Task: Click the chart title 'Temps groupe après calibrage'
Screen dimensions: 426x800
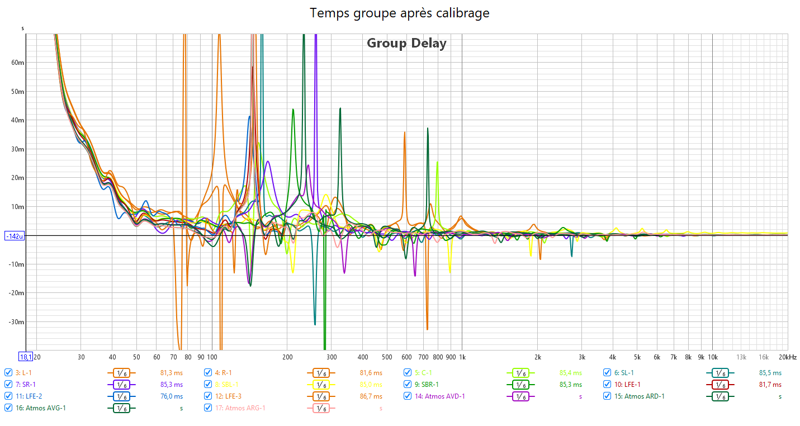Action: (x=400, y=13)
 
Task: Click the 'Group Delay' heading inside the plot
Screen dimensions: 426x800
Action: (x=406, y=43)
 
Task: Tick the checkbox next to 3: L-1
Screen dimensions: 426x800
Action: (x=8, y=372)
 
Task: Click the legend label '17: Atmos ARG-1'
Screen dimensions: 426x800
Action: (x=240, y=408)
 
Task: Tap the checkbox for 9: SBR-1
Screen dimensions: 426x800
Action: (x=408, y=384)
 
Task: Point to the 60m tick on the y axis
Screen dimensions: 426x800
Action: (x=18, y=63)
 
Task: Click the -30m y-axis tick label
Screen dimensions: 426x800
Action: (x=17, y=322)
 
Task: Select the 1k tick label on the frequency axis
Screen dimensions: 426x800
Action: (x=462, y=357)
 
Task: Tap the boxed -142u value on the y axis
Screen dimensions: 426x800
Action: (x=15, y=236)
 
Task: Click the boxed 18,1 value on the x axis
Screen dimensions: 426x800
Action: (x=26, y=357)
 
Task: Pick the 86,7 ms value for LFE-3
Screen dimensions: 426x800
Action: (x=371, y=396)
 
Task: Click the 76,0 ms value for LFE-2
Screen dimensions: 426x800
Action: (x=172, y=396)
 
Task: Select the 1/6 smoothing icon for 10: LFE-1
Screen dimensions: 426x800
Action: (x=720, y=384)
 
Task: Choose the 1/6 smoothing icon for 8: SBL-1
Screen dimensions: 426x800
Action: (x=319, y=384)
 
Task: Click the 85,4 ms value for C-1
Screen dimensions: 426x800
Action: (x=570, y=372)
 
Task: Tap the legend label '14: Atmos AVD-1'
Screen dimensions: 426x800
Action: (x=439, y=396)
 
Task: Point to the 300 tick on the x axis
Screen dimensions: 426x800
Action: (x=332, y=357)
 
